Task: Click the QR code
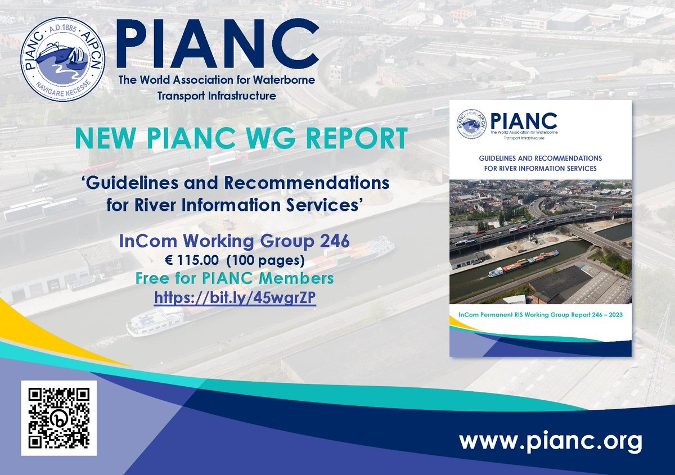[x=58, y=418]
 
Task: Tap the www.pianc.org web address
[x=550, y=441]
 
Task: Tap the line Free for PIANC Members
[x=235, y=278]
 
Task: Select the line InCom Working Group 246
[x=235, y=242]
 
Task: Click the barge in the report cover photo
[x=523, y=263]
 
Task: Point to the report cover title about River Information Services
[x=540, y=163]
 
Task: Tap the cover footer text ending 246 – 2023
[x=540, y=317]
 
